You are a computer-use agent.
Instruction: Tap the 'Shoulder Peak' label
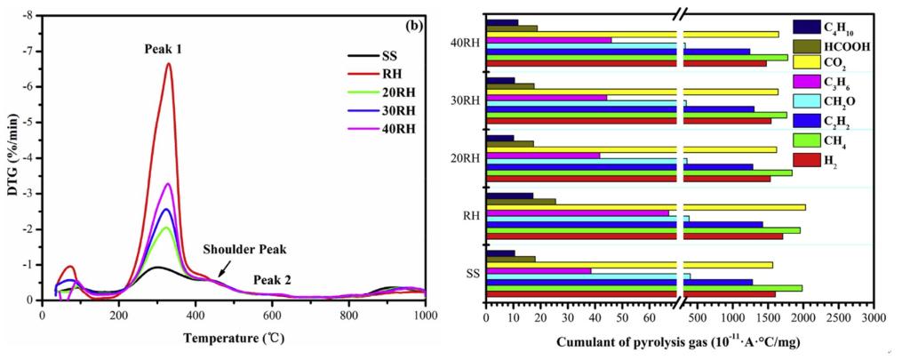(244, 250)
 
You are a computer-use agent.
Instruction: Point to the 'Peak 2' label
(272, 280)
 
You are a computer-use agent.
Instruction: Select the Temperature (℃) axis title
(234, 339)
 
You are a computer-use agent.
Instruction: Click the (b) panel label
(414, 25)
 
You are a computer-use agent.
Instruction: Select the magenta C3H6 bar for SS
(539, 270)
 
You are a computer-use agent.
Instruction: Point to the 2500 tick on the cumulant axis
(839, 317)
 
